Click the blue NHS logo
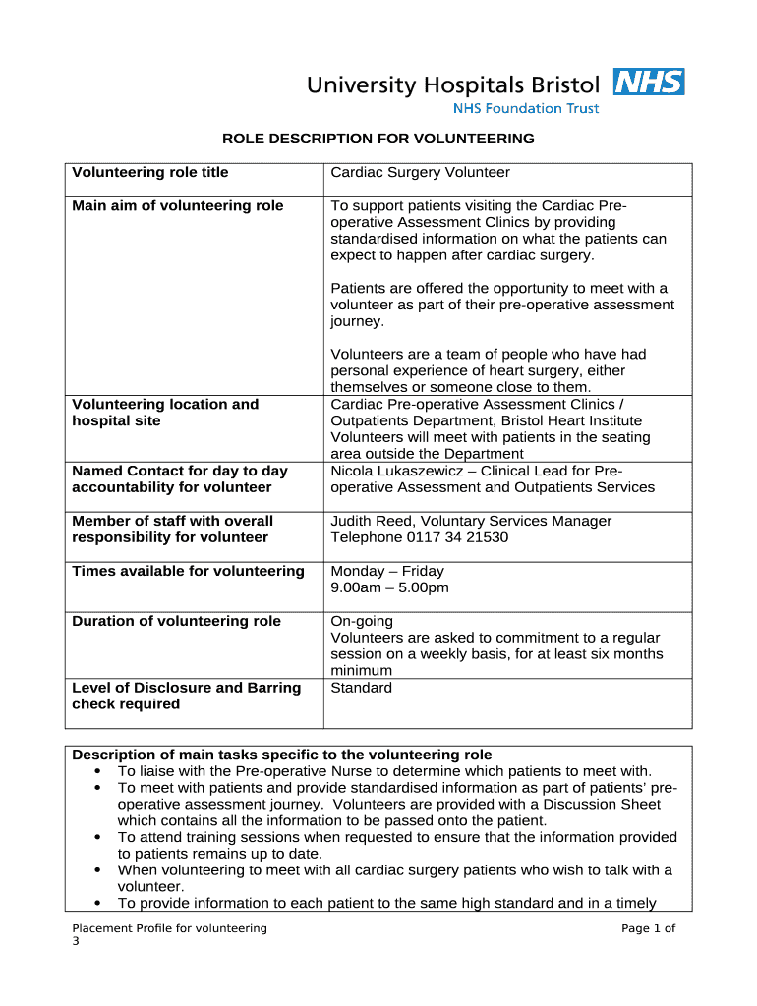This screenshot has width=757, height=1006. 648,82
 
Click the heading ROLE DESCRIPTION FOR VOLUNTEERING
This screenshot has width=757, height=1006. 378,139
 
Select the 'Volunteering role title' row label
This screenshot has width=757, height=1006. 149,173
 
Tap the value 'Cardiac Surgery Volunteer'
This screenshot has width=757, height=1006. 420,173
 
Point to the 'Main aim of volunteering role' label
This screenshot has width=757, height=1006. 177,206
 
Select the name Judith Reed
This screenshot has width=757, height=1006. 371,522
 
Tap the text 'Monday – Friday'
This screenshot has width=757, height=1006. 386,572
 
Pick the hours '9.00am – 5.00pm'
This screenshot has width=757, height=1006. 389,588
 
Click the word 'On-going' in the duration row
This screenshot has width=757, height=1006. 362,622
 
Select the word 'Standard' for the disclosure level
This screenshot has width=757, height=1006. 361,688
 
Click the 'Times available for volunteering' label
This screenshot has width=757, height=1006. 188,572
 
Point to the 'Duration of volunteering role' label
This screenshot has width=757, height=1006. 176,622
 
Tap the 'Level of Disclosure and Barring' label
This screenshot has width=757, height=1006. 186,688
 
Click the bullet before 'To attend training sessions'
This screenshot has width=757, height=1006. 98,838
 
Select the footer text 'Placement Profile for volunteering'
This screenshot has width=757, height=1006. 169,929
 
